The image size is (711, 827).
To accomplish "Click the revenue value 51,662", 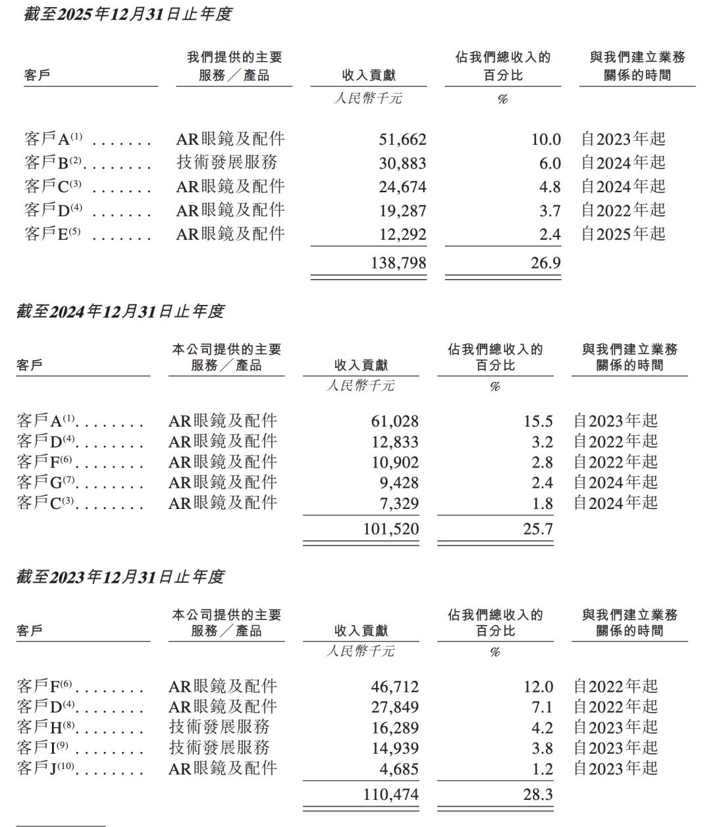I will [x=402, y=140].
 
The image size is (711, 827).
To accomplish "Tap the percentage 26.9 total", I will [x=546, y=263].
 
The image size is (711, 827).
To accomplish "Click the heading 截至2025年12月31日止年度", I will [x=128, y=14].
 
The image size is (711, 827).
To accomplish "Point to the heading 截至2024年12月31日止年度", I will [x=120, y=311].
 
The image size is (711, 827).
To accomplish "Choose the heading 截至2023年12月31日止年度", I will [x=120, y=577].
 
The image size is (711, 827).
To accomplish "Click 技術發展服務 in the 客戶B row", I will [x=227, y=163].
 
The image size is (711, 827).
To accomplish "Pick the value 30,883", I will [x=402, y=163].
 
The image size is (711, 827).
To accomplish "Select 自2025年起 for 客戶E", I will [x=623, y=234].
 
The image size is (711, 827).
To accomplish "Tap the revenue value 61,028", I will [x=394, y=421].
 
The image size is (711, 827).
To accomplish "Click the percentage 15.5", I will [x=537, y=421].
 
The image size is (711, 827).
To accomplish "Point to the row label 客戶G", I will [x=47, y=483].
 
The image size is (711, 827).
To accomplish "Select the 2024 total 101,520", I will [x=390, y=529].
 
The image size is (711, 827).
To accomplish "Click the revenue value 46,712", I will [x=394, y=687].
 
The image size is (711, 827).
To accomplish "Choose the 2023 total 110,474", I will [x=390, y=795].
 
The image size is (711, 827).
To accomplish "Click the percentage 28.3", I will [x=538, y=795].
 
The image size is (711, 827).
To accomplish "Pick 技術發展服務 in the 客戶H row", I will [x=219, y=728].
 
